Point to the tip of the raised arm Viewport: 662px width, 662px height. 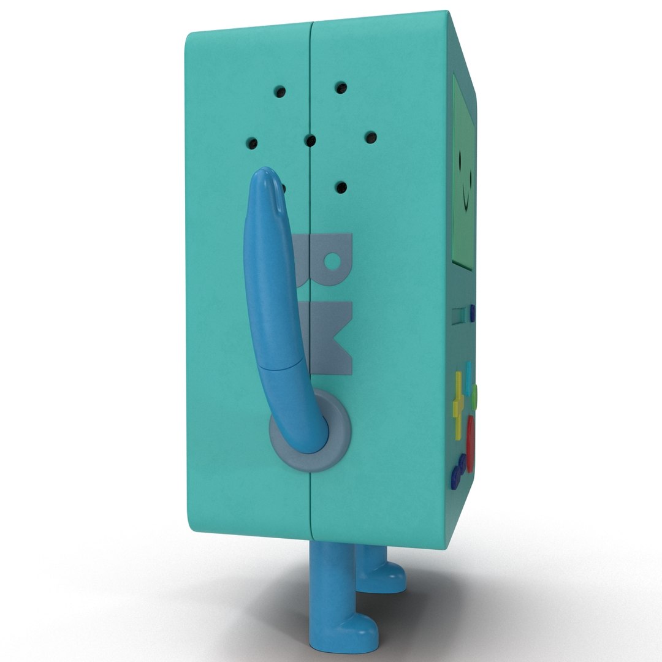(x=268, y=175)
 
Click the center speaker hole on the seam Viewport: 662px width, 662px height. (x=310, y=142)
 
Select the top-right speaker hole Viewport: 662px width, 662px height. (x=340, y=88)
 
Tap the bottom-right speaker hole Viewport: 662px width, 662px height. (x=341, y=186)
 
